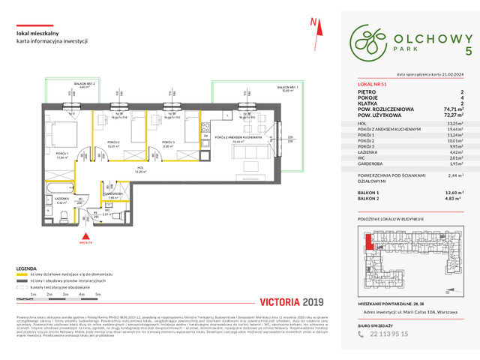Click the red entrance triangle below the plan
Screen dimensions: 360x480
point(86,235)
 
